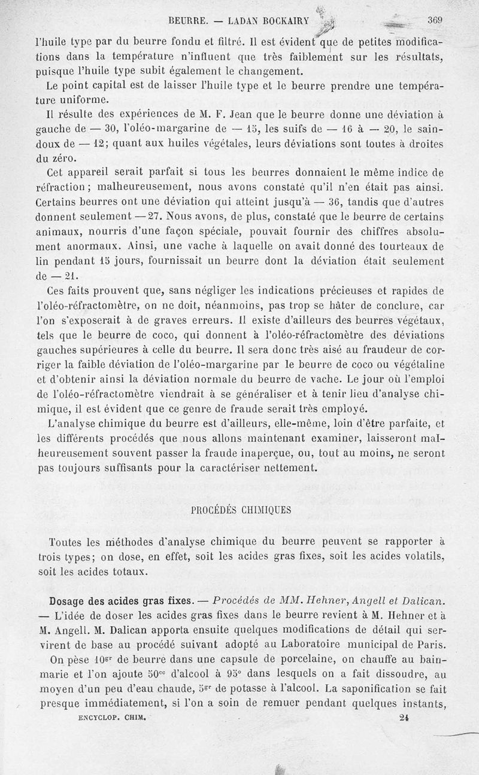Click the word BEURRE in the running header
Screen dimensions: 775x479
[188, 20]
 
